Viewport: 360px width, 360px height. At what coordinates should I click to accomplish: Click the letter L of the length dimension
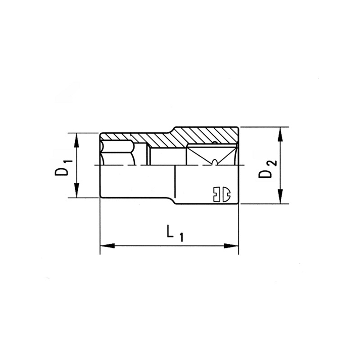pyautogui.click(x=170, y=232)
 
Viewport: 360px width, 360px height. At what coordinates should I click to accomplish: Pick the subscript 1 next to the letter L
pyautogui.click(x=181, y=238)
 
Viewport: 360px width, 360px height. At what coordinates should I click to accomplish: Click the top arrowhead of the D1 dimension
pyautogui.click(x=77, y=139)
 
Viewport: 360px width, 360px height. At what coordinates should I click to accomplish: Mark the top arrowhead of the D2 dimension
pyautogui.click(x=280, y=133)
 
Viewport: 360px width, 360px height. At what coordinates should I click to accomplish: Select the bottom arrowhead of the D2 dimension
pyautogui.click(x=280, y=198)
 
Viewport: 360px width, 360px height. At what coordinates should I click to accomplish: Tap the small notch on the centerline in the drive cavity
pyautogui.click(x=214, y=162)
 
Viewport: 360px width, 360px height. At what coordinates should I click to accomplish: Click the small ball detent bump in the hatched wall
pyautogui.click(x=215, y=144)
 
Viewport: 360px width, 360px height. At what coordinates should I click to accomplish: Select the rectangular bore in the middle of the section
pyautogui.click(x=166, y=155)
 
